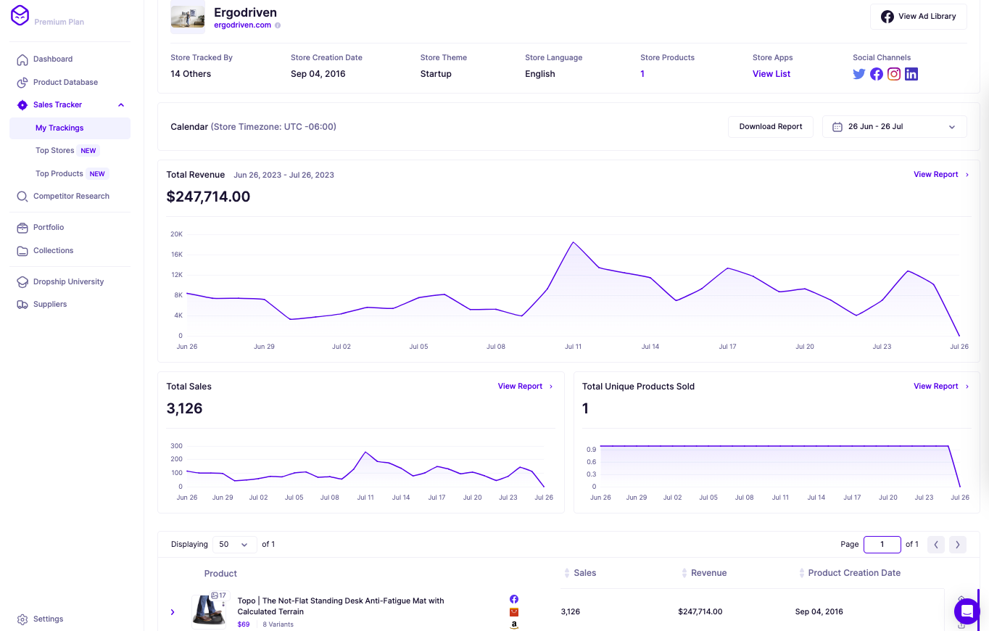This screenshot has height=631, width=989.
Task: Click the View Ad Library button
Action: [x=918, y=17]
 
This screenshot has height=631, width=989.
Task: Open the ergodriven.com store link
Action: [x=242, y=25]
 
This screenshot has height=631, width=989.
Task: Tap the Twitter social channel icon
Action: [x=859, y=74]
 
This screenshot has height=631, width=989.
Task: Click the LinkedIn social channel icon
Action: [x=911, y=74]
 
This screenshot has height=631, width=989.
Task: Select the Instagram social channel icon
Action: [x=894, y=74]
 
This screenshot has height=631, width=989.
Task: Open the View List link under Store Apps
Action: [x=771, y=74]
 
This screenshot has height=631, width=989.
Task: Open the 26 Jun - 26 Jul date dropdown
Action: [x=894, y=127]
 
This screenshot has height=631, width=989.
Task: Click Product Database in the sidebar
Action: [x=65, y=82]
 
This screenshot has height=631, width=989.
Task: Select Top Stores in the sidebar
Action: [x=55, y=151]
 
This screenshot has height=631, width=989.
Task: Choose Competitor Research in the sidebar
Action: [x=71, y=197]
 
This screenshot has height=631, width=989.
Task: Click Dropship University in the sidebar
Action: [x=68, y=281]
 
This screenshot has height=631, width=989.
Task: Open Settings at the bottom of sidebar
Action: [x=48, y=619]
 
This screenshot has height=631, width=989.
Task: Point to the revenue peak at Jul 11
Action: [x=573, y=242]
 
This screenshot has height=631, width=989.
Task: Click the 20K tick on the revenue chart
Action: [x=176, y=234]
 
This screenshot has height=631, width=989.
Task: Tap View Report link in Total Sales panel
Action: [x=520, y=387]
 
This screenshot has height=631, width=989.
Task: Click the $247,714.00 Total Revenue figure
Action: [x=208, y=197]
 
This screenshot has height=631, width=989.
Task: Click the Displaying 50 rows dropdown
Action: [x=234, y=545]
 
